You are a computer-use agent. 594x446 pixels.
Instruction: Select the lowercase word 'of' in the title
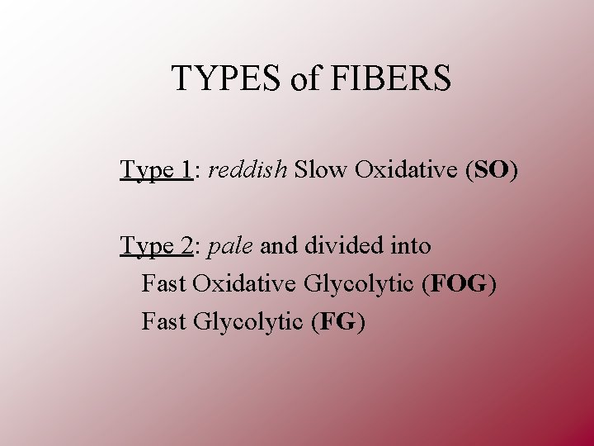tap(302, 78)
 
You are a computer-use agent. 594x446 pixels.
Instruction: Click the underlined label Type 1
tap(156, 170)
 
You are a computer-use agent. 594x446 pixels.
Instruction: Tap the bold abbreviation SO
tap(493, 170)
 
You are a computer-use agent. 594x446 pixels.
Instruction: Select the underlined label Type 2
tap(156, 246)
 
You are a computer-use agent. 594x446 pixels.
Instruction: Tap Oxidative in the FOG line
tap(245, 283)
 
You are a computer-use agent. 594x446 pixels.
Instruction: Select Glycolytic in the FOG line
tap(359, 283)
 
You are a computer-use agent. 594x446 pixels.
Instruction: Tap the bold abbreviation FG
tap(337, 320)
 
